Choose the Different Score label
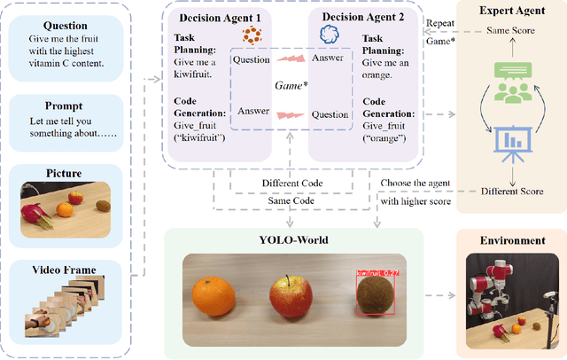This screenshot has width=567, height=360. pyautogui.click(x=509, y=190)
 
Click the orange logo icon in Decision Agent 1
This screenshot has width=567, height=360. pyautogui.click(x=253, y=36)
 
